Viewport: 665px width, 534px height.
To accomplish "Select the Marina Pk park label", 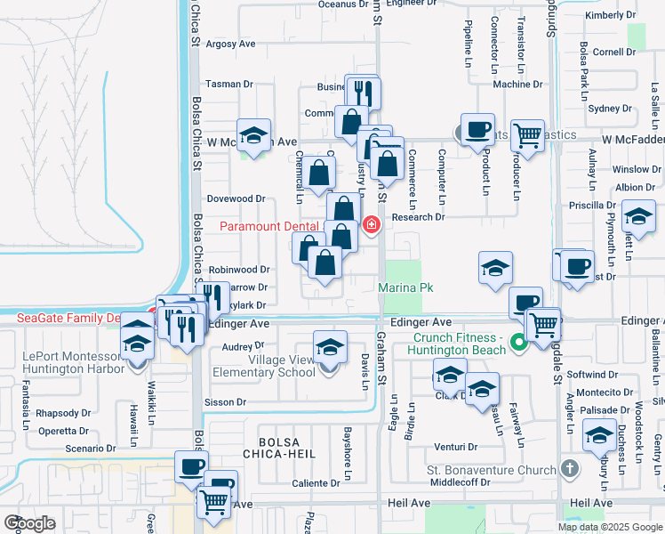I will point(405,287).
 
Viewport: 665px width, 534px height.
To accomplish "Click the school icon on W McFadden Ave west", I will point(254,135).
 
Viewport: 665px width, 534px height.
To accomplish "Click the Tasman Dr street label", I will point(229,85).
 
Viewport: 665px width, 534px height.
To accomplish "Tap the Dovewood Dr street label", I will point(236,198).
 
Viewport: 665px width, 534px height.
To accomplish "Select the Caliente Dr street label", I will point(317,484).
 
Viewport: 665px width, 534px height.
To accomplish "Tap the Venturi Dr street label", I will point(450,446).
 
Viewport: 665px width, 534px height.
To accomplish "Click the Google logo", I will point(30,523).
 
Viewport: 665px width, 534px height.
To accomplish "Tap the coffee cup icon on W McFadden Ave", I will point(477,130).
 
